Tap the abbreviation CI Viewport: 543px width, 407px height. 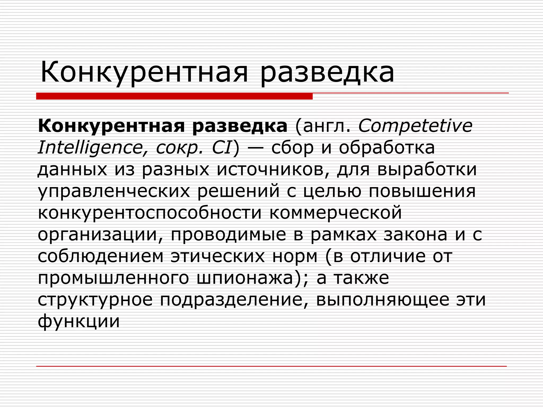click(222, 148)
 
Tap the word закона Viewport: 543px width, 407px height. click(415, 235)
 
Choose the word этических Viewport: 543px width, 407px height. click(218, 256)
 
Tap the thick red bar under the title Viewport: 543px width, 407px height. click(174, 96)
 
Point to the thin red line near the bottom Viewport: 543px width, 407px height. click(271, 366)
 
